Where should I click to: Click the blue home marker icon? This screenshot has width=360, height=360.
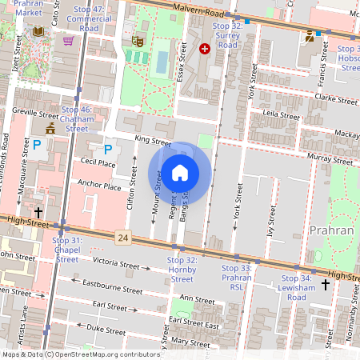[x=180, y=173]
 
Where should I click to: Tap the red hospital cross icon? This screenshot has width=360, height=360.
[x=205, y=49]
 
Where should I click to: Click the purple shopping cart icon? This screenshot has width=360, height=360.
[x=69, y=40]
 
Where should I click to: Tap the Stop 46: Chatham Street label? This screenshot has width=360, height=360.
[x=77, y=118]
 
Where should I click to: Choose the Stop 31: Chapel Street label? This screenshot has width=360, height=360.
[x=67, y=250]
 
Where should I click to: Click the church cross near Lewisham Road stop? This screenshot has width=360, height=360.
[x=326, y=284]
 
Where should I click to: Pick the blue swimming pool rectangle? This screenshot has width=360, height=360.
[x=162, y=61]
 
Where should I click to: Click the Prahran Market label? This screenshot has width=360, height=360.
[x=29, y=8]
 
